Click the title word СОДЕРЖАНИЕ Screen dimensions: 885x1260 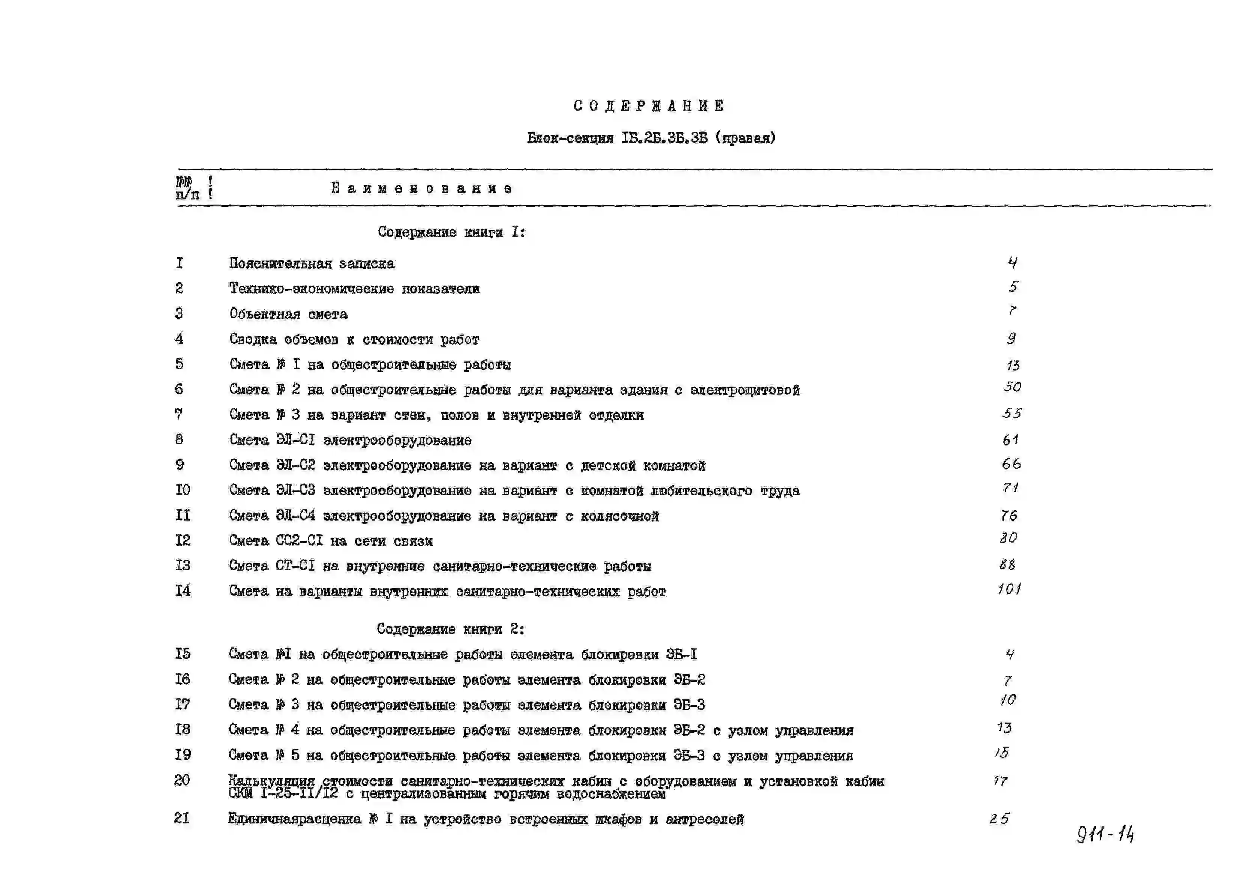tap(649, 106)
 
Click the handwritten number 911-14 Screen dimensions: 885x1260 tap(1105, 834)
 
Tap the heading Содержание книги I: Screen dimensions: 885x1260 tap(451, 232)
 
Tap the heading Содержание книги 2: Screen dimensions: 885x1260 tap(451, 629)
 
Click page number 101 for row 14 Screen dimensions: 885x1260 tap(1009, 589)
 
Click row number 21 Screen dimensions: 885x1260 tap(182, 818)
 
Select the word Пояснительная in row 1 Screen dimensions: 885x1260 tap(280, 263)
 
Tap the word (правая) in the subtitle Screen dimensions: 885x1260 tap(745, 138)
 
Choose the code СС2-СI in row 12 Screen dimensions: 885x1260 tap(299, 541)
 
